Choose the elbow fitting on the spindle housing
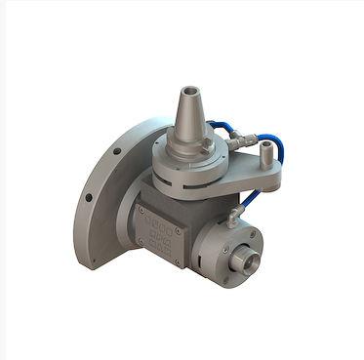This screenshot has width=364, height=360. pyautogui.click(x=234, y=214)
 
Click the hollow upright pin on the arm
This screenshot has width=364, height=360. pyautogui.click(x=268, y=153)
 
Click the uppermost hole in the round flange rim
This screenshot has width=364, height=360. pyautogui.click(x=115, y=150)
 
